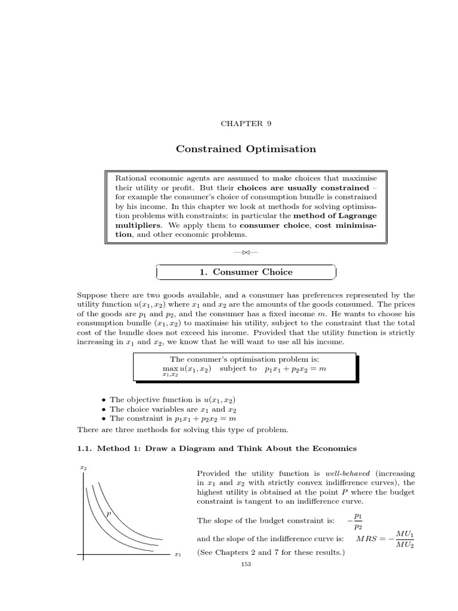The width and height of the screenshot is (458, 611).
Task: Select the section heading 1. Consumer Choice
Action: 246,272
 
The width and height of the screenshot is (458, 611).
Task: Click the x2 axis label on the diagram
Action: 83,468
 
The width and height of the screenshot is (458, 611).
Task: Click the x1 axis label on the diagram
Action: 177,555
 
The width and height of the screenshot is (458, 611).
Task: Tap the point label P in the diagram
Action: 109,513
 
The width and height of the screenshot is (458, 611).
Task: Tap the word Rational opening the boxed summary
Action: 130,179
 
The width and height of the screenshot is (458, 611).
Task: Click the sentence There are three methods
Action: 182,430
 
